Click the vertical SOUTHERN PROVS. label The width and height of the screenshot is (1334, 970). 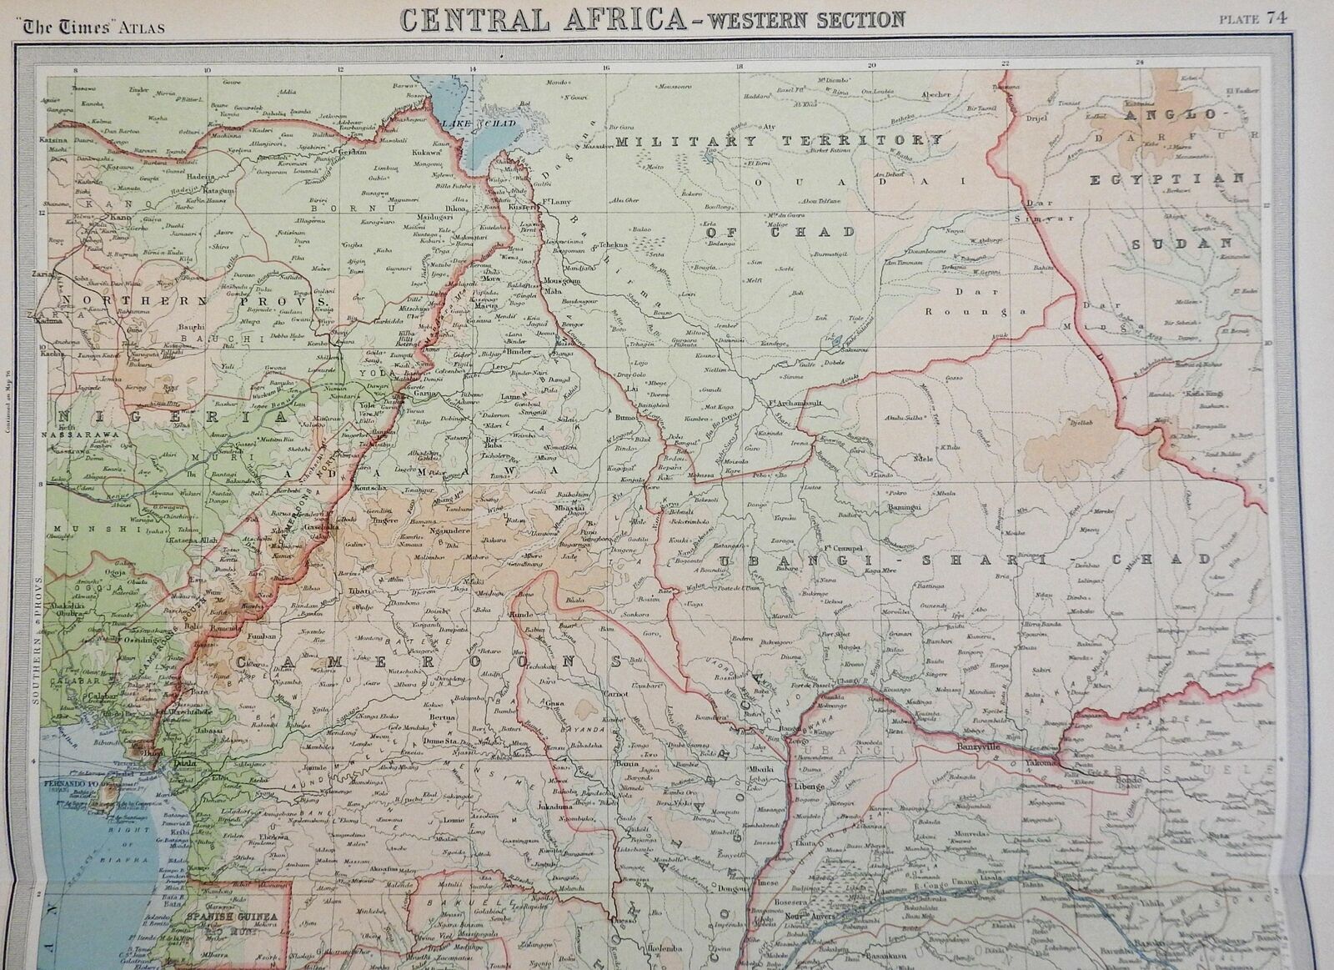tap(36, 639)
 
